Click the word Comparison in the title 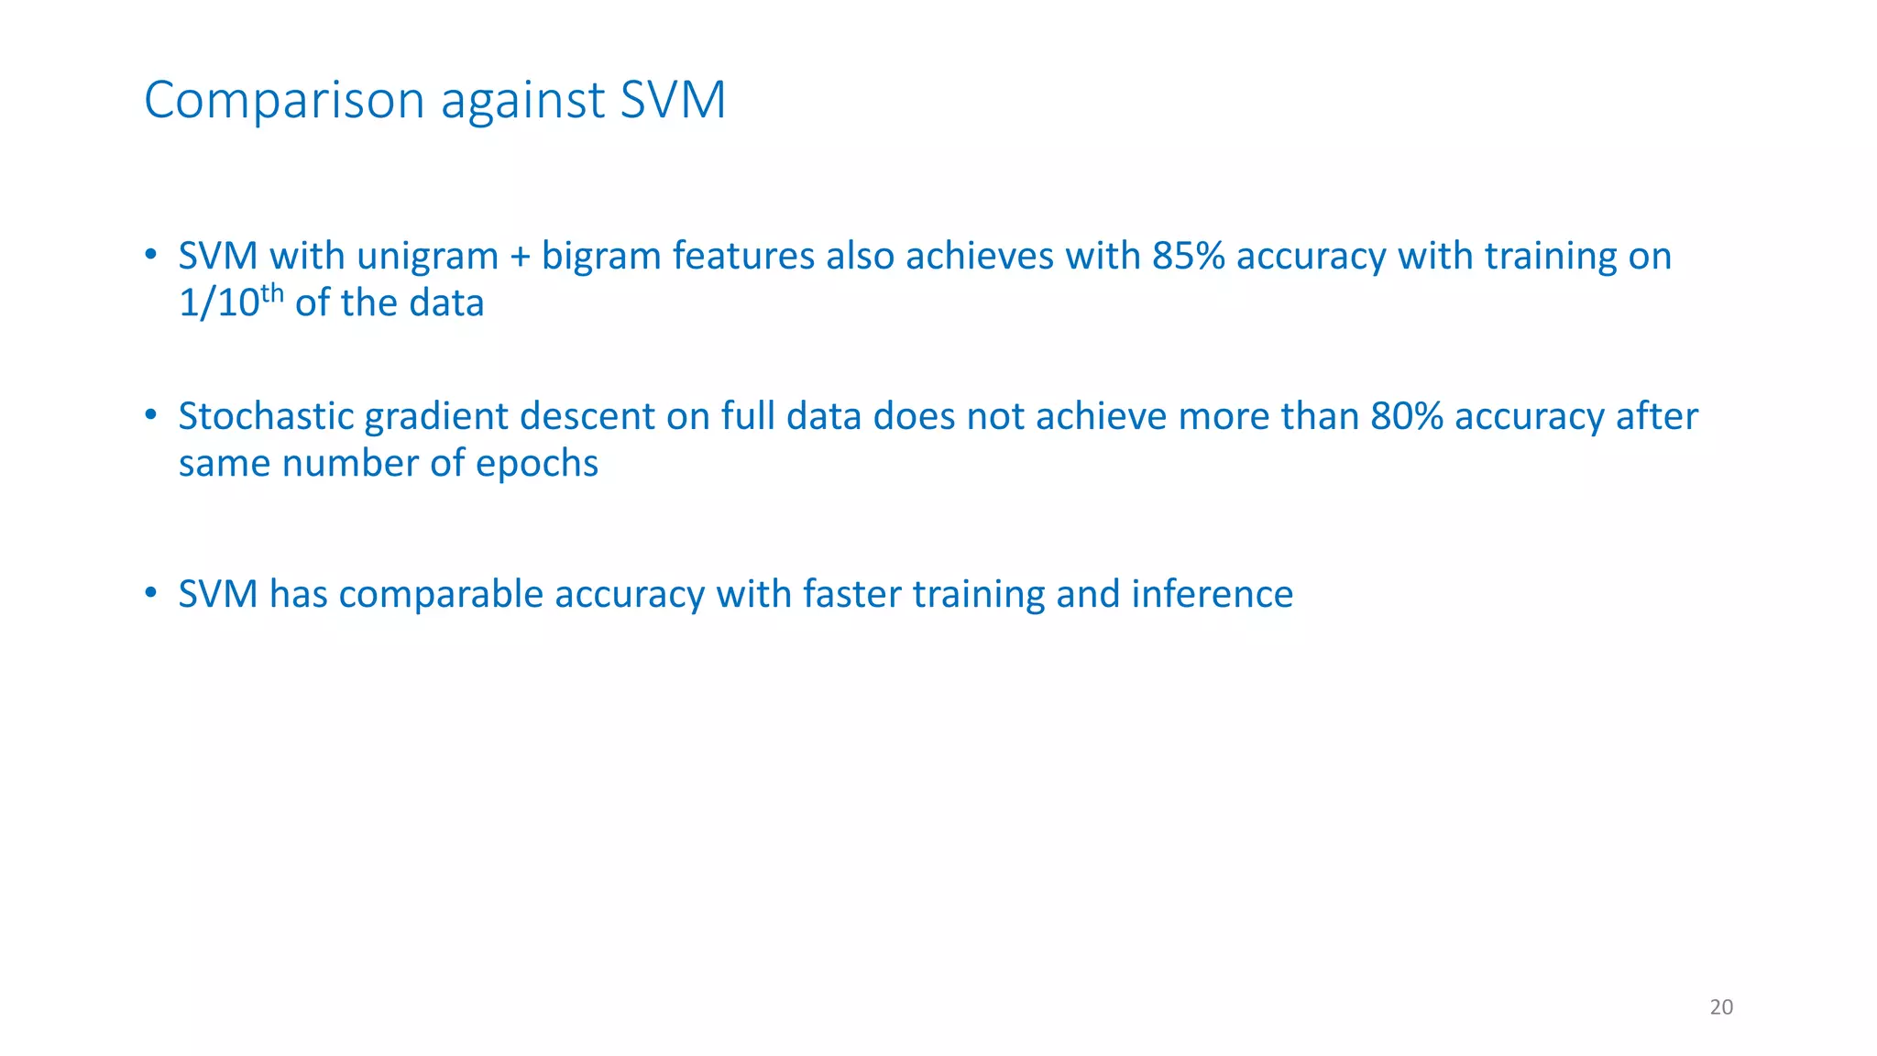click(x=284, y=100)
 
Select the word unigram click(x=427, y=256)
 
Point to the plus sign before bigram click(x=520, y=257)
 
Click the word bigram click(x=601, y=256)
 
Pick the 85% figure click(x=1189, y=256)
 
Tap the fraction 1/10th click(x=231, y=302)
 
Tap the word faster click(x=851, y=594)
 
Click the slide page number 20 click(x=1721, y=1007)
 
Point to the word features click(x=743, y=256)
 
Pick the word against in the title click(x=522, y=101)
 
